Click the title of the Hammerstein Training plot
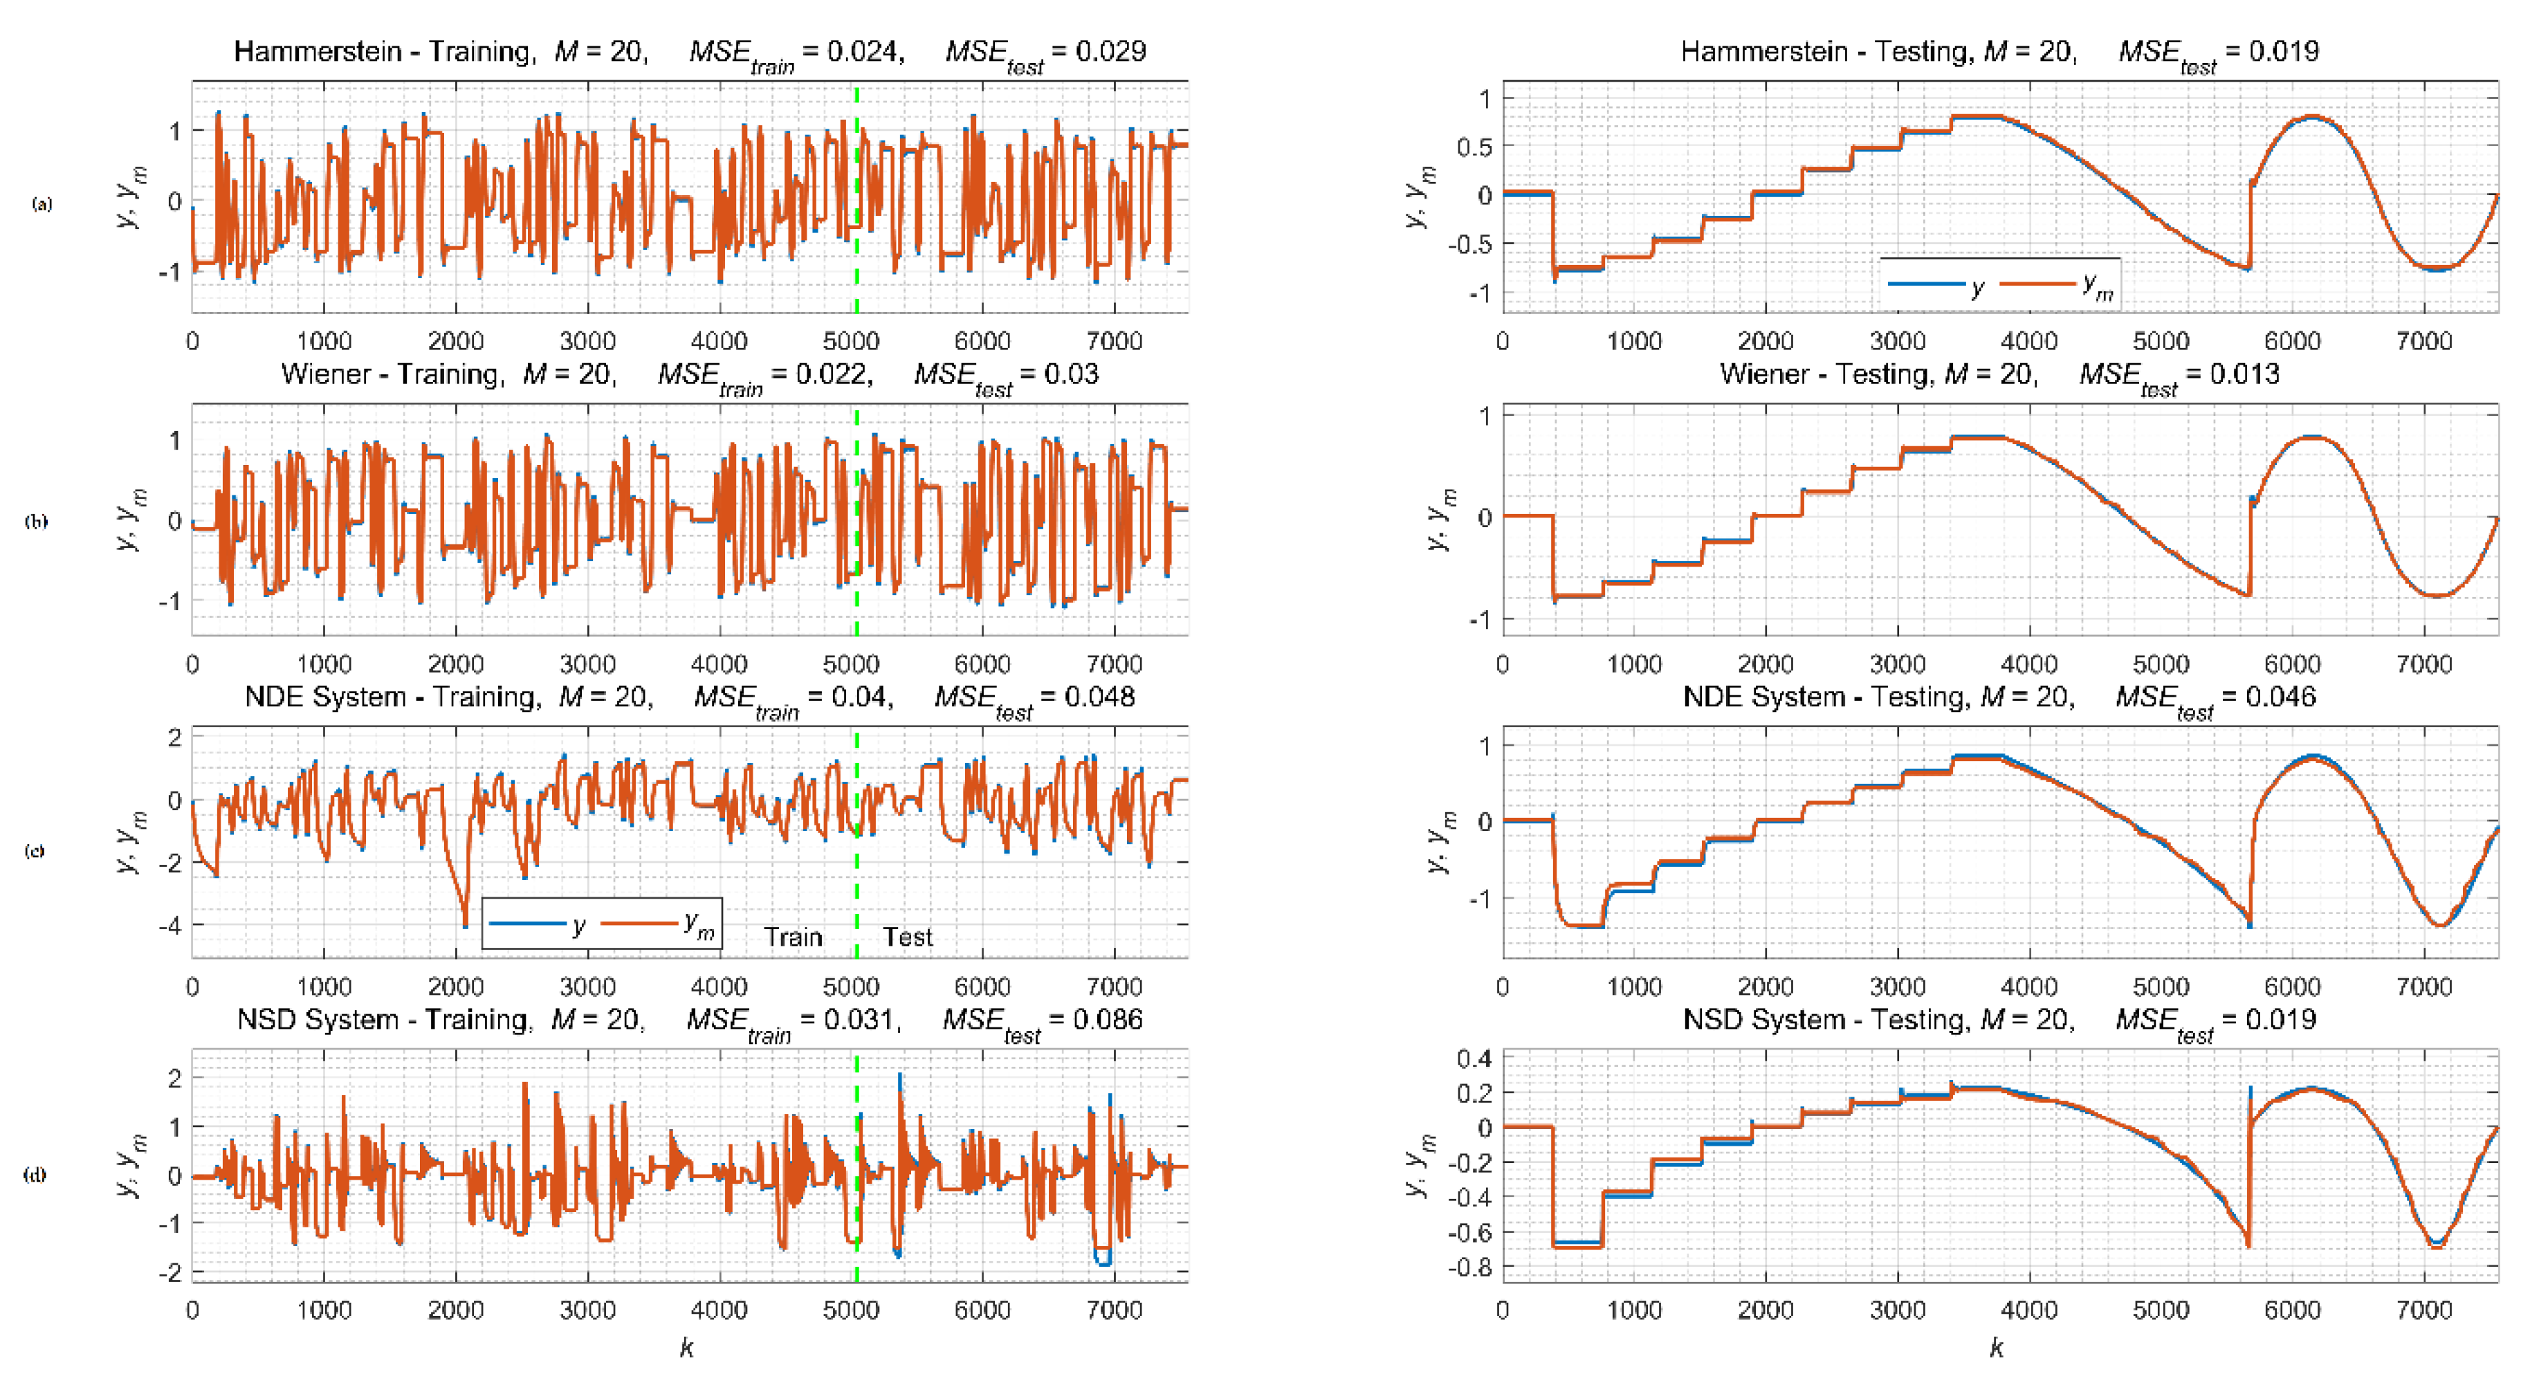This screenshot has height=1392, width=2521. click(x=689, y=52)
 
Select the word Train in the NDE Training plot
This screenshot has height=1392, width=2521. click(x=793, y=937)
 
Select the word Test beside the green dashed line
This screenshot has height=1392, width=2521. click(x=907, y=937)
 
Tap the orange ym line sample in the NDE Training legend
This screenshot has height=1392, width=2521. click(x=639, y=923)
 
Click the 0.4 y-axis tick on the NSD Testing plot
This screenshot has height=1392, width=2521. click(x=1474, y=1059)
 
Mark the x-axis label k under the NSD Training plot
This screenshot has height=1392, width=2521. click(x=687, y=1348)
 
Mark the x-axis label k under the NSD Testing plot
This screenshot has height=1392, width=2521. click(x=1997, y=1348)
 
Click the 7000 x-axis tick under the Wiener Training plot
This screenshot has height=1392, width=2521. click(x=1114, y=665)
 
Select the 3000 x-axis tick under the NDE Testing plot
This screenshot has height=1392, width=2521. click(x=1896, y=987)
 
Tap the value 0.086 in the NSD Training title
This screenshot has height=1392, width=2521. click(x=1107, y=1020)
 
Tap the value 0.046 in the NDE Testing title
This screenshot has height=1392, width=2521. click(x=2280, y=697)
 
